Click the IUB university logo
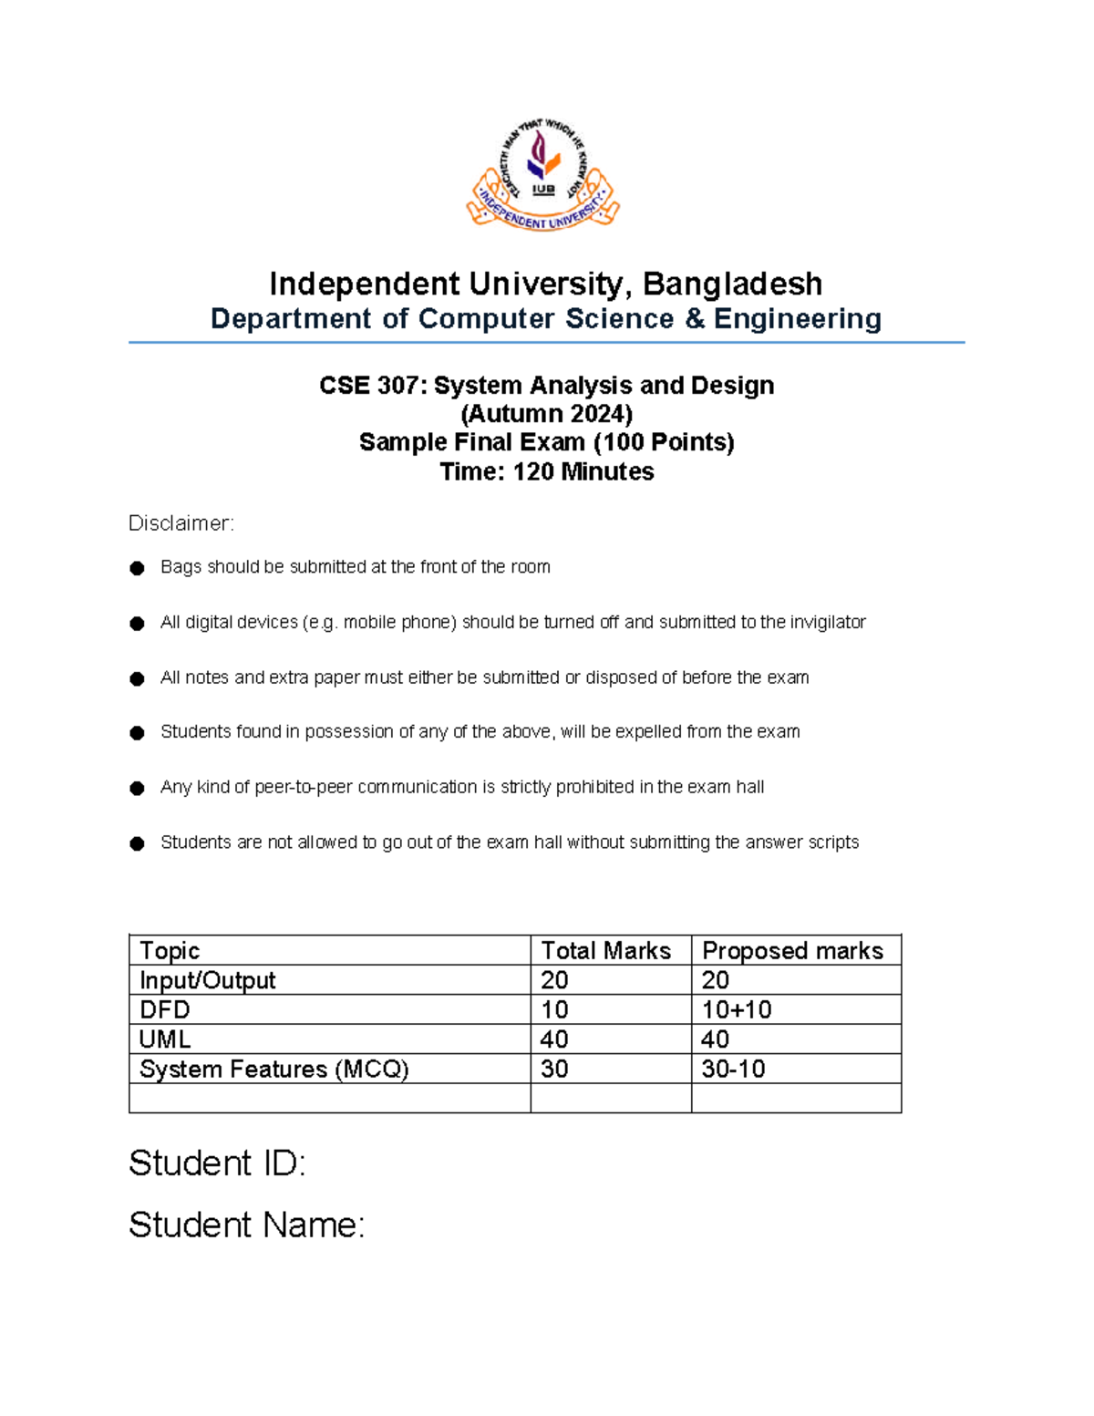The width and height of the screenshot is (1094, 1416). pos(543,175)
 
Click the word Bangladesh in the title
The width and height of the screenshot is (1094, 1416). pos(732,284)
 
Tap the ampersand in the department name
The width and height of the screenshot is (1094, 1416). pos(693,318)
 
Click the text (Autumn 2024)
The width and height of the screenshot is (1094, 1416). pos(546,414)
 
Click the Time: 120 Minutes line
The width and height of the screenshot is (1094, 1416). pos(546,471)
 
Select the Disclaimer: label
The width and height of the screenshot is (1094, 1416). pos(181,523)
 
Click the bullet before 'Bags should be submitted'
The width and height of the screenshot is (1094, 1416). pos(138,568)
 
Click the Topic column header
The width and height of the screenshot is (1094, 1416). pos(170,950)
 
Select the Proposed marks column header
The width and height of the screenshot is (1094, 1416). pos(792,950)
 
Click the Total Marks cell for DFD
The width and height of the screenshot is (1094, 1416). pos(554,1009)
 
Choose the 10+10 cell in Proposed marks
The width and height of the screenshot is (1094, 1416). pos(737,1009)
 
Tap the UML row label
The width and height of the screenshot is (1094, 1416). pos(165,1039)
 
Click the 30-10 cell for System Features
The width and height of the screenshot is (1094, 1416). pos(733,1069)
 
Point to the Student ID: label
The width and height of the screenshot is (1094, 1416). pos(217,1163)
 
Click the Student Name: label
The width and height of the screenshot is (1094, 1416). pos(246,1225)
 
